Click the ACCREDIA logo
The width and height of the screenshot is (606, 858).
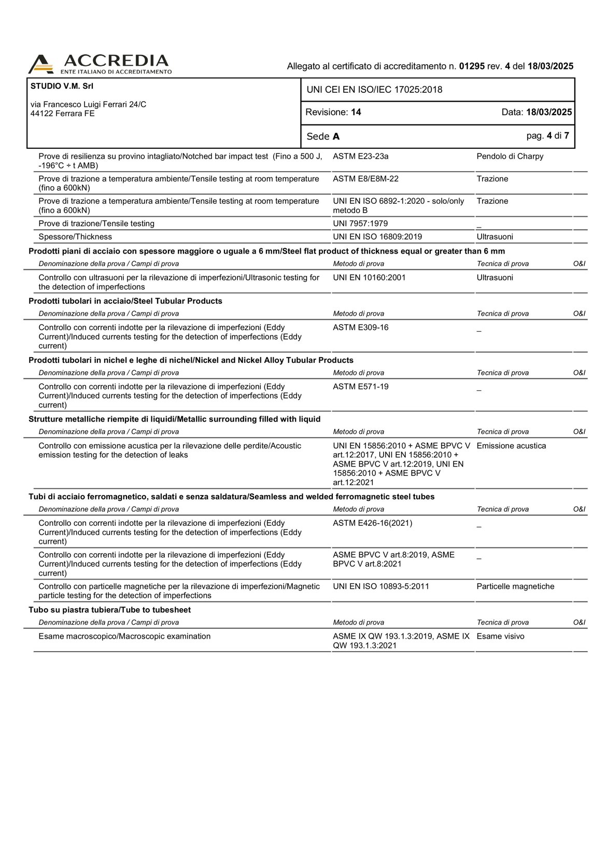click(100, 64)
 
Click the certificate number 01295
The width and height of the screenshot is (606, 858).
click(472, 66)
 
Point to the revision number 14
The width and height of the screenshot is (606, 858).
click(356, 112)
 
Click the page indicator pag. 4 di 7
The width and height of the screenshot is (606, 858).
click(547, 136)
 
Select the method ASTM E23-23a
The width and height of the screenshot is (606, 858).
click(360, 156)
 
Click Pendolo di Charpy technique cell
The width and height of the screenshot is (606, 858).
click(510, 156)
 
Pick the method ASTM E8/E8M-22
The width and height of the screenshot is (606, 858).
click(365, 179)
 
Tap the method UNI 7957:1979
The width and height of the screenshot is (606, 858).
click(360, 223)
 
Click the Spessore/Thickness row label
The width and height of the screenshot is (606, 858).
click(75, 237)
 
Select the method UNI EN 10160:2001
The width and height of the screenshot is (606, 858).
click(369, 277)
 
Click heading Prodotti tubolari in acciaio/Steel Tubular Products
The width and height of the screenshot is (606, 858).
click(125, 301)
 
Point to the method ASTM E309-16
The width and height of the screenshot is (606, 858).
click(360, 328)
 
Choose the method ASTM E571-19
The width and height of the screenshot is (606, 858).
click(360, 387)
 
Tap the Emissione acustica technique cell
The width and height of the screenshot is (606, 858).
click(511, 446)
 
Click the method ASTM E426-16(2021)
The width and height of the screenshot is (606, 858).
click(372, 523)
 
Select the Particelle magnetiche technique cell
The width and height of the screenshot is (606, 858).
click(515, 586)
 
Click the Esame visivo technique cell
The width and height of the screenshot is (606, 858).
click(500, 636)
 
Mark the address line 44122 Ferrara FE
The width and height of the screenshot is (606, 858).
click(63, 114)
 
